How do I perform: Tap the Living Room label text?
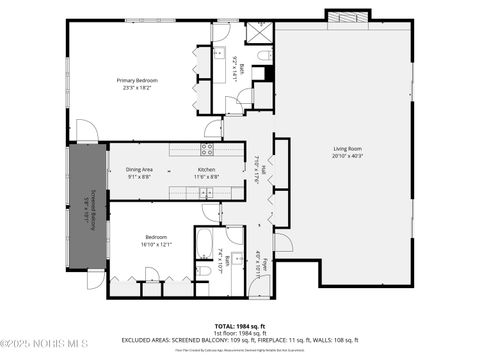[x=348, y=149]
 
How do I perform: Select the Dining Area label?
[x=139, y=170]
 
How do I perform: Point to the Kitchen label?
[x=206, y=170]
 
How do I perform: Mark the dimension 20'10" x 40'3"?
[x=348, y=156]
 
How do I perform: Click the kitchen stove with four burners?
[x=207, y=150]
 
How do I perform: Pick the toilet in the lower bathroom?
[x=203, y=269]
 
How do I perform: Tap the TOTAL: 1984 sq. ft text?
[x=239, y=326]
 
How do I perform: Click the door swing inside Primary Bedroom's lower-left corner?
[x=84, y=130]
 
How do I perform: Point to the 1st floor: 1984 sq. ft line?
[x=239, y=333]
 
